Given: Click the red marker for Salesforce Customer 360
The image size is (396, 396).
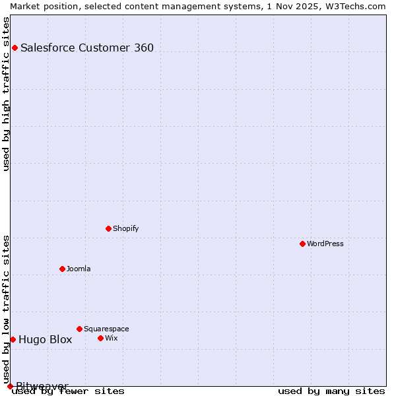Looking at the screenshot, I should coord(15,48).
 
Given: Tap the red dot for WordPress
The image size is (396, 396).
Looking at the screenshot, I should coord(302,244).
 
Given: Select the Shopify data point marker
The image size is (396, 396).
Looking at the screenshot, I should coord(108,228).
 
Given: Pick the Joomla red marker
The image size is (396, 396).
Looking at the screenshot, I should coord(62,269).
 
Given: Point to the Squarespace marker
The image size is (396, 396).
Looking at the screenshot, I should coord(79,329).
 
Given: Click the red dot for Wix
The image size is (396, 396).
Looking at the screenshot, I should coord(100,338).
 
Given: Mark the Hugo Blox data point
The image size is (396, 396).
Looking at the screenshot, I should coord(13,339).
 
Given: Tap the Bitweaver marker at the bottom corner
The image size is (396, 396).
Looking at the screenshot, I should coord(10,386).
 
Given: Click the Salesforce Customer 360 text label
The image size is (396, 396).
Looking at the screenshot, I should coord(87,48).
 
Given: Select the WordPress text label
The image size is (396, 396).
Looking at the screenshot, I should coord(325,244).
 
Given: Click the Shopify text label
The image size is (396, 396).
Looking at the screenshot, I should coord(126,228).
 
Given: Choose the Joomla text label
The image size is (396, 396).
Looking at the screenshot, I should coord(79,269).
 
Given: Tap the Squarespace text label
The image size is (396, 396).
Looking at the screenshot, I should coord(106,329).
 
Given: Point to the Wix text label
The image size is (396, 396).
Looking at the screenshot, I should coord(112,338).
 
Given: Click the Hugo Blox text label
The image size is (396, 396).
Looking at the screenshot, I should coord(45,340).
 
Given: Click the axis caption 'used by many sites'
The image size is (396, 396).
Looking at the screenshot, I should coord(331,391).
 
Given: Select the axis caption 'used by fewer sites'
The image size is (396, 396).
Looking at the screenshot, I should coord(69,391).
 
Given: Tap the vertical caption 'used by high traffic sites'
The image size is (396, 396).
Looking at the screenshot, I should coord(6,93).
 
